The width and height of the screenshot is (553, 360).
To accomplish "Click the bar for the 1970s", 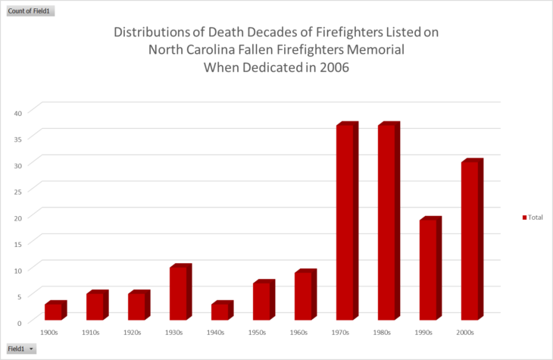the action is click(348, 221).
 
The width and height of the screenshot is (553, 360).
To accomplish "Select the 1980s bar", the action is click(389, 221).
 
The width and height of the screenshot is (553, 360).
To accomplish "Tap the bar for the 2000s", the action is click(472, 239).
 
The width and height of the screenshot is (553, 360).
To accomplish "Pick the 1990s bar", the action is click(430, 268).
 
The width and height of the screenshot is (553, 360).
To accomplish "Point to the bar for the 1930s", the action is click(180, 292).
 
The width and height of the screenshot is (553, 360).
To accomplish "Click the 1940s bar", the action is click(222, 310).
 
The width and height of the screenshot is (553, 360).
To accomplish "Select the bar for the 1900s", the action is click(56, 310).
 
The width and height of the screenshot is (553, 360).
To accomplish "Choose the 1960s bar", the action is click(305, 294).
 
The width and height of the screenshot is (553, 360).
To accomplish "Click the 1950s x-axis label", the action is click(257, 333).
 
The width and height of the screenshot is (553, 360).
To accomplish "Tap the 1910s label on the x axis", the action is click(91, 333).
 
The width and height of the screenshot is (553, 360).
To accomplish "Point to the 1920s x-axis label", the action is click(133, 333).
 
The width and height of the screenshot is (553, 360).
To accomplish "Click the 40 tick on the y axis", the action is click(18, 113).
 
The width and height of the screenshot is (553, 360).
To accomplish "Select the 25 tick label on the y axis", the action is click(18, 192).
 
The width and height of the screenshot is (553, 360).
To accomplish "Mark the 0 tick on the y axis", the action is click(20, 323).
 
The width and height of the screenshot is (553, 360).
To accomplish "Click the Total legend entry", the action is click(533, 218).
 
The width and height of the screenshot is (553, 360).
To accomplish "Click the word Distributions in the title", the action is click(152, 32).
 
